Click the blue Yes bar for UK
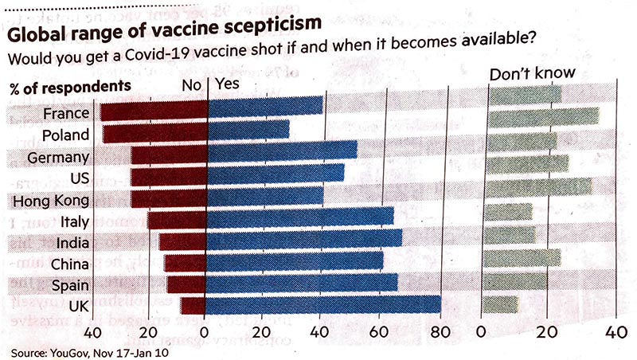pos(323,305)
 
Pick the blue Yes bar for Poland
pos(248,130)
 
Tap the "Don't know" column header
pos(532,74)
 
